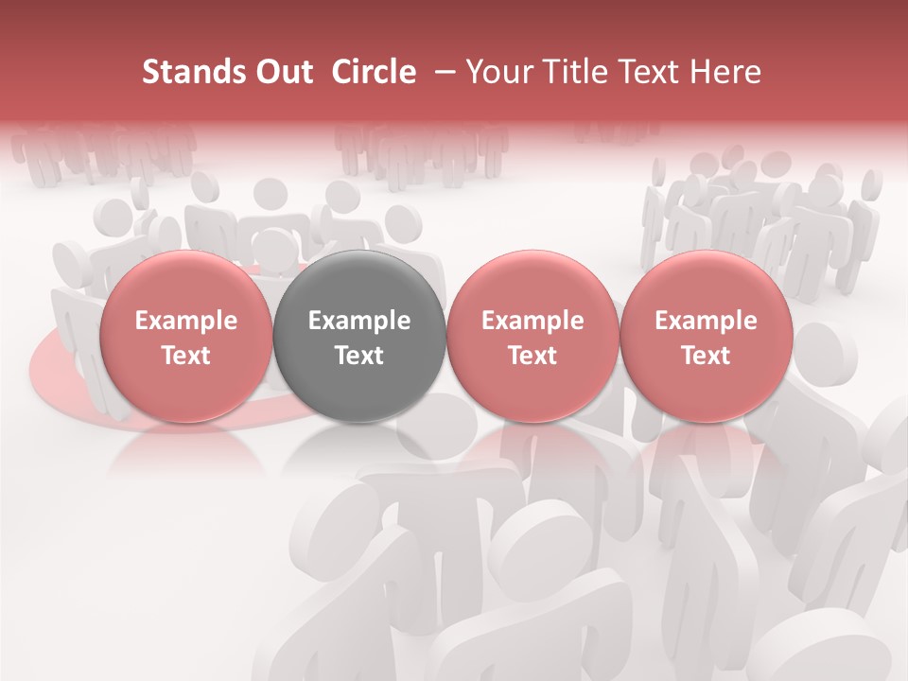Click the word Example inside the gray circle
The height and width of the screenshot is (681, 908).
[x=359, y=321]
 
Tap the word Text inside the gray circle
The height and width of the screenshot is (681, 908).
[x=359, y=356]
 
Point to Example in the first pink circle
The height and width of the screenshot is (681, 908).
[x=186, y=321]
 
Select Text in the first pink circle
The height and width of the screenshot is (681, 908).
[x=186, y=356]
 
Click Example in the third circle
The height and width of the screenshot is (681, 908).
[x=533, y=321]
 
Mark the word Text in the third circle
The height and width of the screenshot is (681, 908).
[x=533, y=356]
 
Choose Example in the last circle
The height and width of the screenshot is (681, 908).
[x=706, y=321]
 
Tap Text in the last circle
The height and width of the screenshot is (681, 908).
[x=706, y=356]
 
